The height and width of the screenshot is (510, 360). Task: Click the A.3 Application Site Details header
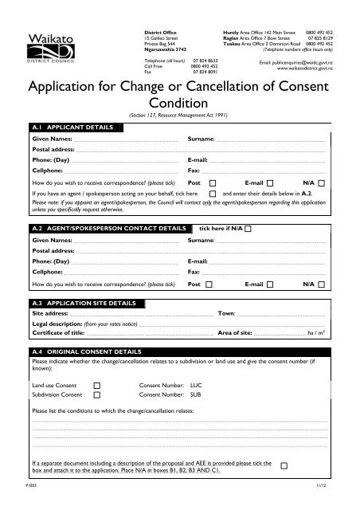(x=76, y=304)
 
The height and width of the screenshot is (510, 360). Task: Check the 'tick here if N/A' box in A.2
(x=248, y=228)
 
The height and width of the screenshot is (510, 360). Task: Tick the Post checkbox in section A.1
(x=209, y=182)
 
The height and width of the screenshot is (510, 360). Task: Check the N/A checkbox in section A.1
(x=321, y=182)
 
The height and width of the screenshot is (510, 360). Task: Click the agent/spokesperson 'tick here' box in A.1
(x=213, y=194)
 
